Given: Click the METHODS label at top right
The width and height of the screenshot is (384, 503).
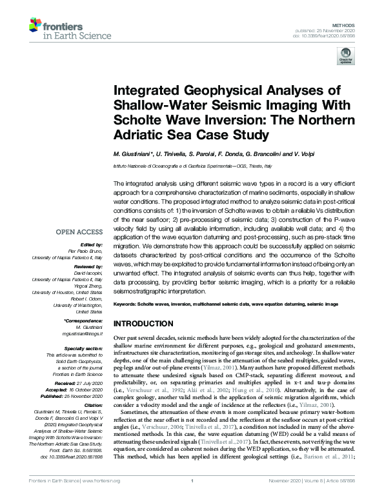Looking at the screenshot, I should coord(350,24).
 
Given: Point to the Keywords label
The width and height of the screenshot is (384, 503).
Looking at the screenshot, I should coord(128,302).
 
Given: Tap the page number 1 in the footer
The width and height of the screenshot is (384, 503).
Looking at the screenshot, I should coord(193,497).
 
